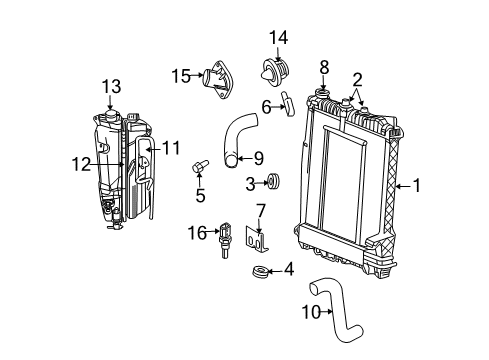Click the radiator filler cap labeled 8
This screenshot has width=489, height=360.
[324, 96]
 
